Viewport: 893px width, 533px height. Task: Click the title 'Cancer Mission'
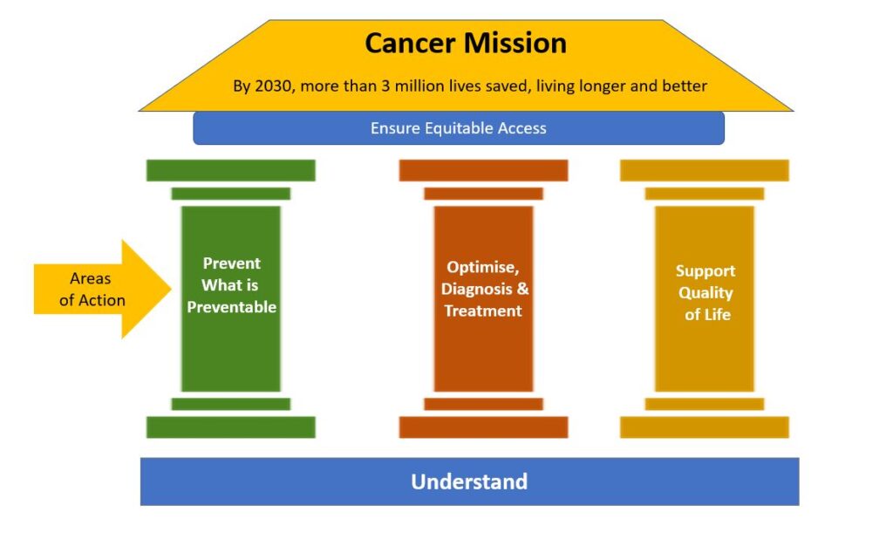[466, 43]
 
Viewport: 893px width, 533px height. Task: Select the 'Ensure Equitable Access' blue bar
[459, 128]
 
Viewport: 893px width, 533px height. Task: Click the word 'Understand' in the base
[469, 482]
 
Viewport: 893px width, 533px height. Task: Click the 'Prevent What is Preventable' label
[231, 285]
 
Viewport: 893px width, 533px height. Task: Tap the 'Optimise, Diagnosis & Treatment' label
[484, 289]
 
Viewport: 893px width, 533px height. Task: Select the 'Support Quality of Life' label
[705, 292]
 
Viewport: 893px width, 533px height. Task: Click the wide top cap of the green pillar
[230, 170]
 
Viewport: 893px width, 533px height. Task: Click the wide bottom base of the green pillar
[230, 427]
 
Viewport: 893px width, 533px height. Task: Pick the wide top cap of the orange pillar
[483, 170]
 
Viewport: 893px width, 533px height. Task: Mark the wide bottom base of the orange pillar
[483, 427]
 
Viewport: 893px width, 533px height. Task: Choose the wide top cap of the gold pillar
[704, 170]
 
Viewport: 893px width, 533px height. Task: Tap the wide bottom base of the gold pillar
[704, 427]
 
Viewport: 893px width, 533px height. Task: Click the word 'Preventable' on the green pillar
[231, 307]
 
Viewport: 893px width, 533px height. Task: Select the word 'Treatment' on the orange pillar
[483, 311]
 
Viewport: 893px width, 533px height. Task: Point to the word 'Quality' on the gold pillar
[706, 293]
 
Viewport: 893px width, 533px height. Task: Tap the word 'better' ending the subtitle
[685, 86]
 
